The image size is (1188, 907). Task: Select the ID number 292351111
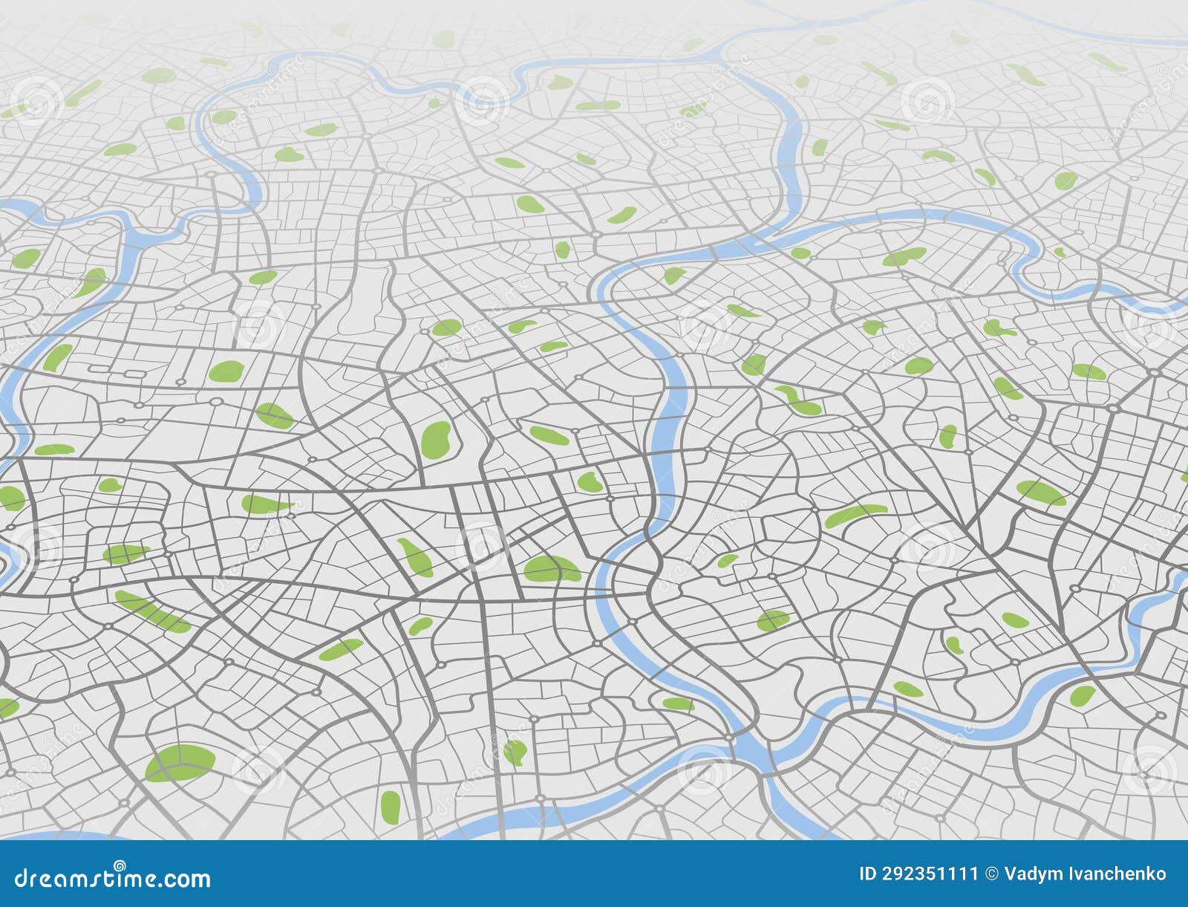click(929, 874)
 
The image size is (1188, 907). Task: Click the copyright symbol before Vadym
click(991, 874)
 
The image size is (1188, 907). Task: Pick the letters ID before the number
click(868, 874)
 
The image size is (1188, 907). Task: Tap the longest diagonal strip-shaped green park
click(152, 611)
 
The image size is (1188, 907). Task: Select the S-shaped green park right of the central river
click(798, 401)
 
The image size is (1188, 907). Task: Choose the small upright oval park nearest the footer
click(390, 804)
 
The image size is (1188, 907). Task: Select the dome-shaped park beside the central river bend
click(551, 569)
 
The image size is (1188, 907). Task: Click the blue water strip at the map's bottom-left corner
click(45, 836)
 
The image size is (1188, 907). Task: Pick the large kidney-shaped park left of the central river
click(437, 440)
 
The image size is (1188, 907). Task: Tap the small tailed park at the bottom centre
click(514, 752)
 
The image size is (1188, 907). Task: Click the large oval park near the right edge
click(1040, 492)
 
